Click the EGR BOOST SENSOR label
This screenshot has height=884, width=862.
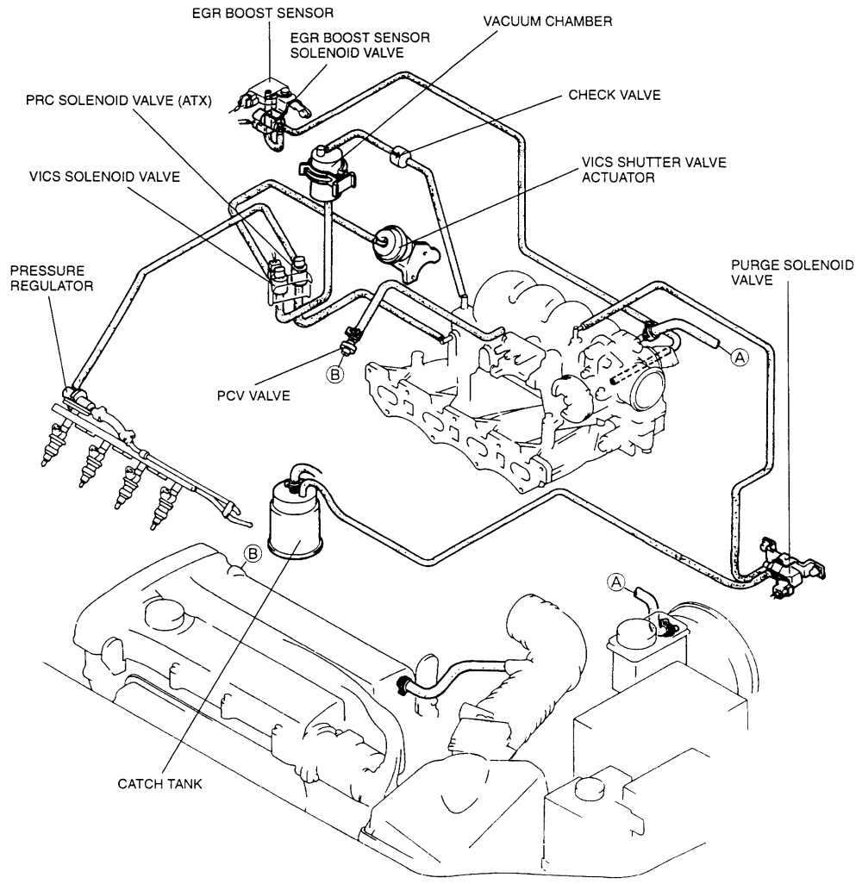click(x=262, y=13)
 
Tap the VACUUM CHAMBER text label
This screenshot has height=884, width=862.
click(x=547, y=22)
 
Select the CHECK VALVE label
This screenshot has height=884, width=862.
click(x=615, y=95)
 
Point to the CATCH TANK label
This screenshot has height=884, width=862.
click(x=159, y=784)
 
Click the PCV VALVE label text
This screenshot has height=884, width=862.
click(x=253, y=395)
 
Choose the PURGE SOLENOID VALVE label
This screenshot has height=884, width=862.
click(x=792, y=272)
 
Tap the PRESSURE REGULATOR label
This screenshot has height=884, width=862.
click(x=52, y=278)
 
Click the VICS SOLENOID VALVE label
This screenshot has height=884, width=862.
click(x=104, y=177)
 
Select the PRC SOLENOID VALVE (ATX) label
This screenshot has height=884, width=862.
click(x=118, y=100)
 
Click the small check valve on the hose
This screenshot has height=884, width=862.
click(x=399, y=155)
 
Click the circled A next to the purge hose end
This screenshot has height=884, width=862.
click(x=739, y=357)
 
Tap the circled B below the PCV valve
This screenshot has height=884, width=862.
click(x=335, y=373)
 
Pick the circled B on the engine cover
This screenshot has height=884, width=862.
click(x=253, y=554)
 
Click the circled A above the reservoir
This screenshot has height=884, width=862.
click(x=616, y=582)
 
